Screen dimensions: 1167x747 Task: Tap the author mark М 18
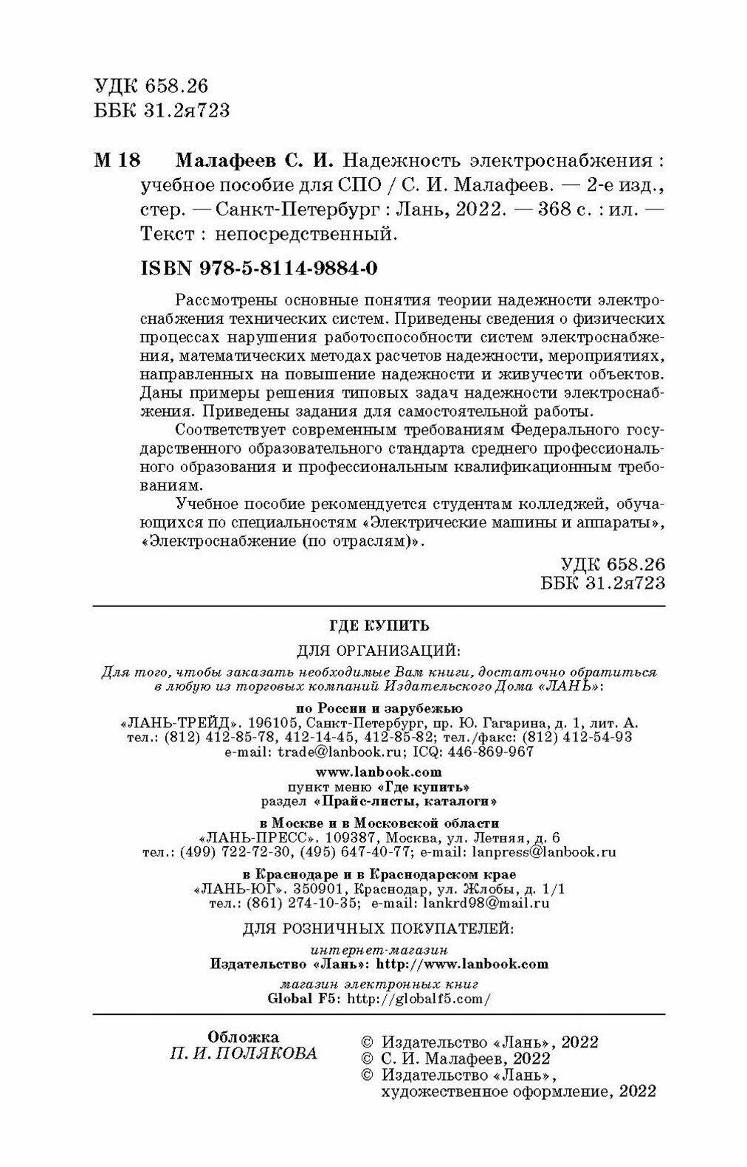click(x=117, y=161)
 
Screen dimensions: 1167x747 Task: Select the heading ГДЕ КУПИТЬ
click(x=379, y=626)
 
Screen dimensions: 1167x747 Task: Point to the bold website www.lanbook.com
click(x=379, y=772)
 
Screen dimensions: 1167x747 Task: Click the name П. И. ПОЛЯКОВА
click(x=244, y=1053)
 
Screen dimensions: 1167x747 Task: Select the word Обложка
click(x=244, y=1036)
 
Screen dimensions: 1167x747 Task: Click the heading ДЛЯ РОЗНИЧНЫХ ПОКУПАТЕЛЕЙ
click(x=379, y=927)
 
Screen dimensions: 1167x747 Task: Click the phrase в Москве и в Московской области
click(x=379, y=823)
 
